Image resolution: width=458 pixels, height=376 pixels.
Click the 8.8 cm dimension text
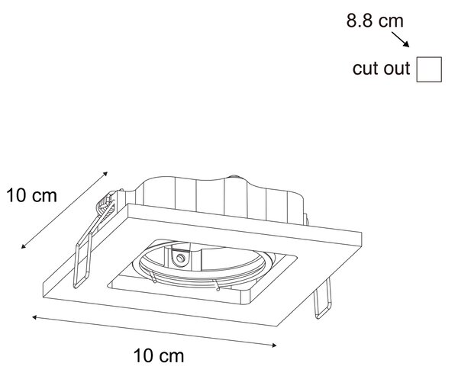pyautogui.click(x=375, y=21)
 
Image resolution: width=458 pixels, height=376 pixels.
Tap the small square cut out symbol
pyautogui.click(x=429, y=69)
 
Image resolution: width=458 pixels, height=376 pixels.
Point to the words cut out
pyautogui.click(x=381, y=69)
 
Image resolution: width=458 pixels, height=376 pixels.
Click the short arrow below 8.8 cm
pyautogui.click(x=401, y=40)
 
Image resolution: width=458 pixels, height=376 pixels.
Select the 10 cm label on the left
pyautogui.click(x=31, y=195)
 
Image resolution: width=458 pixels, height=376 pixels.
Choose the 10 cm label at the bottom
pyautogui.click(x=159, y=356)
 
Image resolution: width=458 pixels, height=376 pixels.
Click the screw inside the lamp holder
pyautogui.click(x=180, y=258)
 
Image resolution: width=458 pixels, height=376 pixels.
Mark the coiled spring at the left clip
pyautogui.click(x=105, y=205)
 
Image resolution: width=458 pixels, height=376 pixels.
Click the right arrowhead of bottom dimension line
pyautogui.click(x=274, y=345)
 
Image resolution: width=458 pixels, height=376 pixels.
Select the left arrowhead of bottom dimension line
pyautogui.click(x=34, y=317)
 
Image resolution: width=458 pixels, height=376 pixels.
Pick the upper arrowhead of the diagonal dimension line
pyautogui.click(x=105, y=174)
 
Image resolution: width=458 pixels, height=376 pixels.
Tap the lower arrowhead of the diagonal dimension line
pyautogui.click(x=24, y=246)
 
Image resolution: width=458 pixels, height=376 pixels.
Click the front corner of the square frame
pyautogui.click(x=277, y=326)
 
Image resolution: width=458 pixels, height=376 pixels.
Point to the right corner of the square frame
pyautogui.click(x=362, y=233)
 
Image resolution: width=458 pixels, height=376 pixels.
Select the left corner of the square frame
pyautogui.click(x=44, y=283)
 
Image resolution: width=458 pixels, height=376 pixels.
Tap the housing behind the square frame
pyautogui.click(x=222, y=198)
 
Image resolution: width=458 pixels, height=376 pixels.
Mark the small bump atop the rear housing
pyautogui.click(x=234, y=177)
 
